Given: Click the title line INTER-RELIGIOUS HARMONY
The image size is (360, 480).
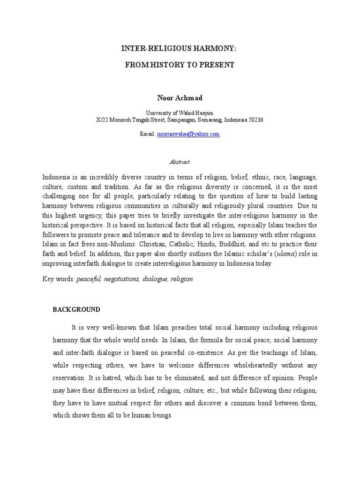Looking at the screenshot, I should [x=180, y=48].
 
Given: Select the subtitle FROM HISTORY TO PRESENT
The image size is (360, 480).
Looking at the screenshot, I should [x=180, y=65].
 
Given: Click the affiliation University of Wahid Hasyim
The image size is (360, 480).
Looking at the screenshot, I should [x=180, y=112].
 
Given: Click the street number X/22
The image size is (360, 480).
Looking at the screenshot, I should [x=102, y=120].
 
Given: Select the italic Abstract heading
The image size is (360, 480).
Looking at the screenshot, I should [x=180, y=162].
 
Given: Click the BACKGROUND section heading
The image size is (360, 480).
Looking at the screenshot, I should [x=76, y=310].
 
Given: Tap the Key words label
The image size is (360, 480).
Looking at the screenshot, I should [x=58, y=278].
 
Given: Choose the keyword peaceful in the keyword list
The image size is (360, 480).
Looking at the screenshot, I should [x=89, y=278].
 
